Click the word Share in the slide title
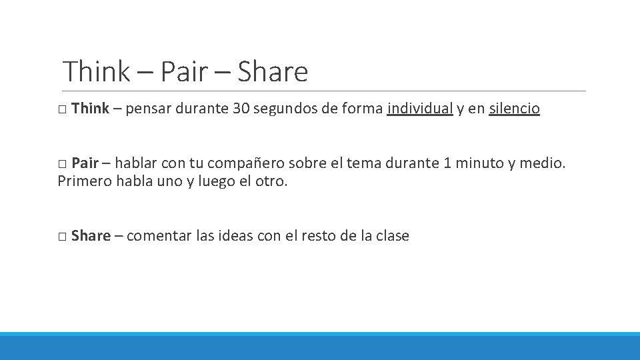(272, 72)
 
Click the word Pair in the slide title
(184, 72)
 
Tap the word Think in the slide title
(96, 72)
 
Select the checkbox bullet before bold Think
(61, 109)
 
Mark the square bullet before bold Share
(61, 237)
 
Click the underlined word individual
(419, 109)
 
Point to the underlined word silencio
(514, 109)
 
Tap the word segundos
(285, 109)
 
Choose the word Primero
(85, 181)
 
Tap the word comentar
(159, 236)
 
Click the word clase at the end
(392, 236)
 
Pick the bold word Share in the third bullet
(91, 236)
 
